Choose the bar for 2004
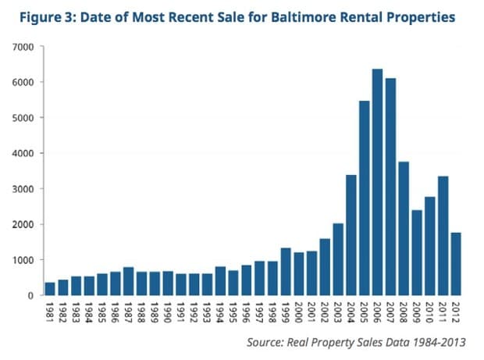click(351, 235)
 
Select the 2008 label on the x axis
click(404, 312)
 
